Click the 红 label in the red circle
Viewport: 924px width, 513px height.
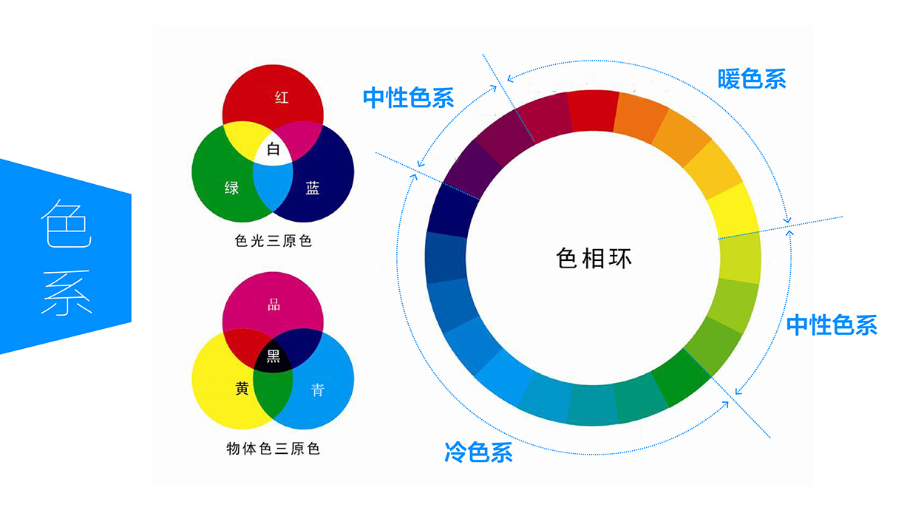[282, 98]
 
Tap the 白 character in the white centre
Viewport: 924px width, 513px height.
[274, 150]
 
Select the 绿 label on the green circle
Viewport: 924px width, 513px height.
[231, 188]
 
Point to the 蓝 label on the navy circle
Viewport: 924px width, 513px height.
[313, 188]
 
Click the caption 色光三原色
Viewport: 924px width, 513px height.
[273, 241]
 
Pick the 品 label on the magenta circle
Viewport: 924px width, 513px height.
[274, 305]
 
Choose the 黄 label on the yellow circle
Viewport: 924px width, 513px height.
[242, 389]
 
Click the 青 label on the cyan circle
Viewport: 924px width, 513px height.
[317, 390]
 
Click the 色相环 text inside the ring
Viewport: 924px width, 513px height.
[594, 258]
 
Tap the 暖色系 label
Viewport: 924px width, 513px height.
[751, 79]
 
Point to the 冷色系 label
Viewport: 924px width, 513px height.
[478, 452]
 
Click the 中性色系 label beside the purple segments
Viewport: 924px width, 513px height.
[408, 98]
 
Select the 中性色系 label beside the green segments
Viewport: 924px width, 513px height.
[832, 325]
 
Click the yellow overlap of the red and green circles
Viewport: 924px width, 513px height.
[240, 136]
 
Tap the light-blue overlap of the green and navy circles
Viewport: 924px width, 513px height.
[274, 188]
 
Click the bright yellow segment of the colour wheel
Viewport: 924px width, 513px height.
[736, 211]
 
